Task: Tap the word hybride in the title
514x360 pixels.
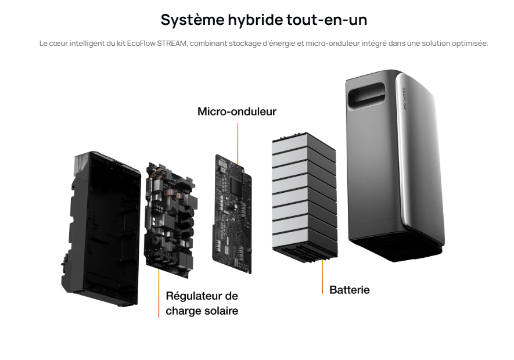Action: point(256,20)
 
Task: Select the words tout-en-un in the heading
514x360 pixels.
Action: point(327,20)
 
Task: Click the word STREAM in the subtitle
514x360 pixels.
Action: point(172,44)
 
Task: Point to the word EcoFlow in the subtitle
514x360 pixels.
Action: point(141,44)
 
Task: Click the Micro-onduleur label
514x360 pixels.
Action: point(237,111)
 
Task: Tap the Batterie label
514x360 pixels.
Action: point(350,290)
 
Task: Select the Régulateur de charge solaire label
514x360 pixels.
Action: point(202,303)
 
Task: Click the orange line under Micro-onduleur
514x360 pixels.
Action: point(238,143)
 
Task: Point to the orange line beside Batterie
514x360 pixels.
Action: point(322,276)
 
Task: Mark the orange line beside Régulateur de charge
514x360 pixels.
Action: point(159,293)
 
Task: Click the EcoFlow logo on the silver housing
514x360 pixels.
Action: point(404,99)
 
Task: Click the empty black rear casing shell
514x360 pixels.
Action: point(101,229)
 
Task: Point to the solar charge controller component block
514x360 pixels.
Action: point(170,219)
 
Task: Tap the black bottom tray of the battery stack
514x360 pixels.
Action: point(305,254)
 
